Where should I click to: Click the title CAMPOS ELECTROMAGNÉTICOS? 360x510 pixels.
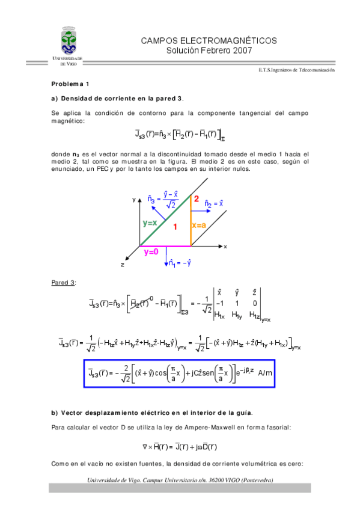(x=209, y=40)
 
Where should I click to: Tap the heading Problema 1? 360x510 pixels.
(x=70, y=84)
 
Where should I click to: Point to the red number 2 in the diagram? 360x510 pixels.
(x=196, y=198)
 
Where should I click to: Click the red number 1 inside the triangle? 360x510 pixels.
(x=175, y=227)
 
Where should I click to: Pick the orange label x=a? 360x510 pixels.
(x=200, y=225)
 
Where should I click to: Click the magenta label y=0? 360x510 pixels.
(x=151, y=253)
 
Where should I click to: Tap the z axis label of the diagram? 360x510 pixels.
(x=122, y=264)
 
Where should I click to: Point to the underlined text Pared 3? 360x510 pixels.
(x=64, y=282)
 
